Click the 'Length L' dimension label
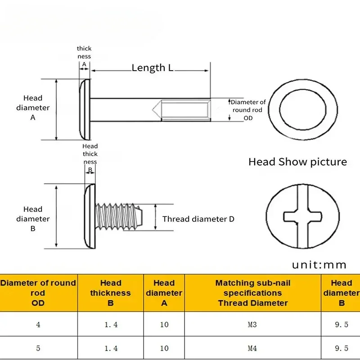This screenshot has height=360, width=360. click(x=152, y=68)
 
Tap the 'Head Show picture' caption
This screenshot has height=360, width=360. click(x=297, y=162)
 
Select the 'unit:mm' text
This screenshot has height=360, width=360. click(x=319, y=265)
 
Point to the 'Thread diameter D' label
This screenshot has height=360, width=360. click(x=198, y=219)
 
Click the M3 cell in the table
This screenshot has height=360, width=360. click(x=252, y=324)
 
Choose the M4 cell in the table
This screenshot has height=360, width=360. click(x=252, y=348)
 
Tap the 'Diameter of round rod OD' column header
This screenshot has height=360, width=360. click(x=38, y=293)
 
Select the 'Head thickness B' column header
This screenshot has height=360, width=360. click(x=110, y=293)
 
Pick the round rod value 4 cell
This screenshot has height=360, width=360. click(x=38, y=324)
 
